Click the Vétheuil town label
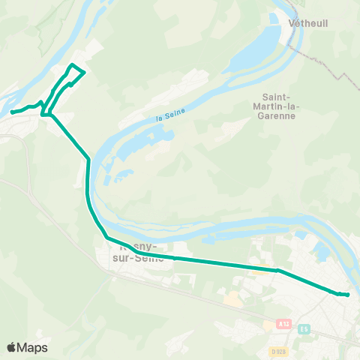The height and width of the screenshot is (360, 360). point(307,23)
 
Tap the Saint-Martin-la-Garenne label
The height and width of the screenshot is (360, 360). point(280,106)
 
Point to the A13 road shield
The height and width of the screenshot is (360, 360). point(283,323)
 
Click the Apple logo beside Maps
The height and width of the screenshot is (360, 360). point(12,348)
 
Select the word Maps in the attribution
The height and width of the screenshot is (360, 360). point(32,348)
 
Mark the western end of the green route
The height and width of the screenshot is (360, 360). point(12,112)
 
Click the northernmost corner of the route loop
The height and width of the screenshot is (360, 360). point(72,66)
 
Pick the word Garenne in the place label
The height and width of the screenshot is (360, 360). point(280,116)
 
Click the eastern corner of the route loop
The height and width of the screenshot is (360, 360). point(84,73)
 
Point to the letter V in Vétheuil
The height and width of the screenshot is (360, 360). point(292,23)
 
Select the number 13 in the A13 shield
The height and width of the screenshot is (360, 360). point(286,323)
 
